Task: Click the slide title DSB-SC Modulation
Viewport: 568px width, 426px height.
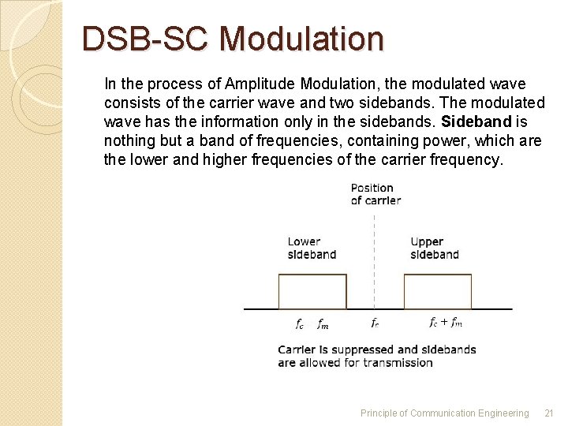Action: [233, 39]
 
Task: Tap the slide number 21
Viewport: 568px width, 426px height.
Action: [549, 413]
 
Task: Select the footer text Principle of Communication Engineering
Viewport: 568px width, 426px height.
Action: [444, 413]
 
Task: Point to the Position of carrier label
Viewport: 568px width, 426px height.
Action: [376, 194]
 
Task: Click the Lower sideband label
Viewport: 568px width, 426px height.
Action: [312, 248]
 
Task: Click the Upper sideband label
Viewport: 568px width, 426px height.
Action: [434, 248]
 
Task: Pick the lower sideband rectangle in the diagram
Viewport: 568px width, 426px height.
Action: [312, 291]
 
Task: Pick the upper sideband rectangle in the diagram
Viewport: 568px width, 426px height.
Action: [438, 291]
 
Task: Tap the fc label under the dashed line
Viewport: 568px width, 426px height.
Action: [375, 322]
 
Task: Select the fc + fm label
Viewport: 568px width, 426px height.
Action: [446, 322]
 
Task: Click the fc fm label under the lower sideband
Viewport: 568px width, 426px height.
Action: [312, 323]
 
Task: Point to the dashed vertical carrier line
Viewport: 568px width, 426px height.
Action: [374, 260]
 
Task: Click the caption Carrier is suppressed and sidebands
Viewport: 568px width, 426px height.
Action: [376, 349]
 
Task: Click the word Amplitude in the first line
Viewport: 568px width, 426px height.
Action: [255, 84]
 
